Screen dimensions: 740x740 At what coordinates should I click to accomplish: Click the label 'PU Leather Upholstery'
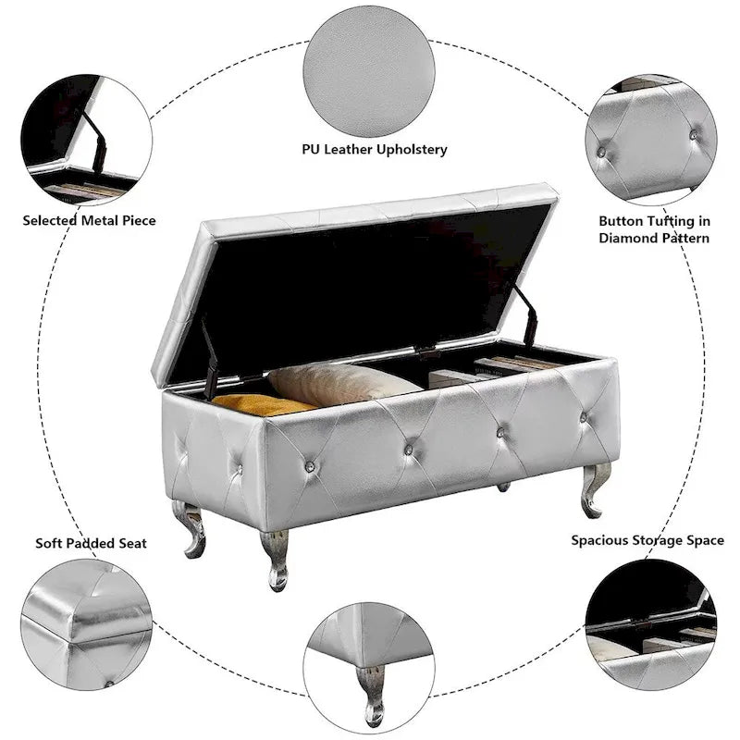coord(374,149)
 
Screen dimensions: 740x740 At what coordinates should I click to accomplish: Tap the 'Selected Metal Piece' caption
coord(90,220)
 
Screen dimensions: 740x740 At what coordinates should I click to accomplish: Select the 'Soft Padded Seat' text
coord(92,543)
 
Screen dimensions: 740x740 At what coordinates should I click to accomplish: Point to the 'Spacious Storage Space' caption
coord(647,539)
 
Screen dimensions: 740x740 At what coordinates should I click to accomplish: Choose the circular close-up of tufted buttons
coord(651,140)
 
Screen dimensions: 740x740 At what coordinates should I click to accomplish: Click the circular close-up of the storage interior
coord(651,625)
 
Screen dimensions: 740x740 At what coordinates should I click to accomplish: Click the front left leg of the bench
coord(275,558)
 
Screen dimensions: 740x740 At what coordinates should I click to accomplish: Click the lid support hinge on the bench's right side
coord(526,314)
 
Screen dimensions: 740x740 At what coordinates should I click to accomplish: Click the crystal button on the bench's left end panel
coord(240,469)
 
